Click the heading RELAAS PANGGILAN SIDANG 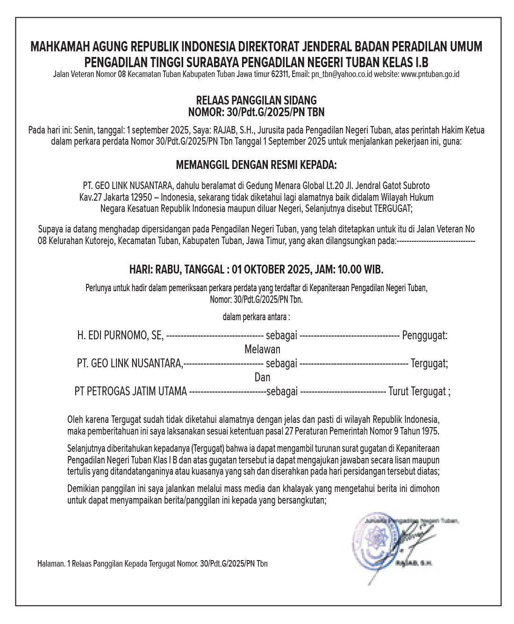256,100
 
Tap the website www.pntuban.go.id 430,74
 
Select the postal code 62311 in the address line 279,74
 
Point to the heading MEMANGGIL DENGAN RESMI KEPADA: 256,165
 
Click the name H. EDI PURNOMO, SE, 121,335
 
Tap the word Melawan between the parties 262,349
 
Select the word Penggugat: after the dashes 425,335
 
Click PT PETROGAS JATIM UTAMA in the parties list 130,391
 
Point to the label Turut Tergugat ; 419,391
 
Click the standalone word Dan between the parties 262,377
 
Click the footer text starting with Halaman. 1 152,564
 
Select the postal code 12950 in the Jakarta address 141,197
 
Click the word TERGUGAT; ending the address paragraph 393,209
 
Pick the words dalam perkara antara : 256,317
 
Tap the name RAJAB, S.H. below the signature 414,563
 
